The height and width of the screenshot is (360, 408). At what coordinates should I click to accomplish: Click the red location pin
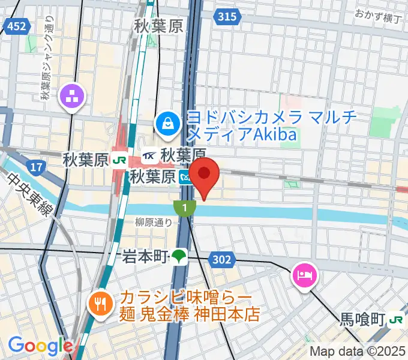pyautogui.click(x=205, y=175)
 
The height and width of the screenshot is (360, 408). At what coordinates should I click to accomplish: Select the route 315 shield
pyautogui.click(x=227, y=17)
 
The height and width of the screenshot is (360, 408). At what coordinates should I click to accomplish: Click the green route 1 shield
pyautogui.click(x=185, y=208)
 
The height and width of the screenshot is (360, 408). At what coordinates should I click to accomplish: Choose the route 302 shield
pyautogui.click(x=220, y=259)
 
